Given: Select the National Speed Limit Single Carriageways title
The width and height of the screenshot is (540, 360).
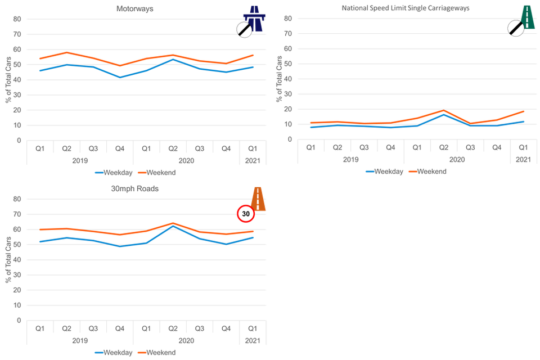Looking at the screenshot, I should [x=406, y=8].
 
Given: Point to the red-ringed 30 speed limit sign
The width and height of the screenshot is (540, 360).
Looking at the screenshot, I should [x=246, y=214].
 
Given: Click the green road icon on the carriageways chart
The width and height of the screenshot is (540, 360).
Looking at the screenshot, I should [x=528, y=17].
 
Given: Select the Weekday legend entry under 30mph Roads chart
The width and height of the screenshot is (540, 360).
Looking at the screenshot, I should [x=114, y=353].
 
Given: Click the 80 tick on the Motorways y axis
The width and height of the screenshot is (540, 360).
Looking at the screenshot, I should [x=17, y=19].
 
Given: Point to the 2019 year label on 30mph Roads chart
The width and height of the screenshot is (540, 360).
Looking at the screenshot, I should [x=80, y=340].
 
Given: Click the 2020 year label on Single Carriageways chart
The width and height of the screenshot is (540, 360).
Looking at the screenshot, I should [x=457, y=159].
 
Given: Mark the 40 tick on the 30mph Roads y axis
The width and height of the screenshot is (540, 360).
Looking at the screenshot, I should [x=17, y=260].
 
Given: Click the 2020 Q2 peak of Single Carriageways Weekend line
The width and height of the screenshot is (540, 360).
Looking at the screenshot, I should [x=443, y=110].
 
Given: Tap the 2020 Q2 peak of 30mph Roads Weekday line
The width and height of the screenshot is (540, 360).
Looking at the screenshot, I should [x=173, y=226].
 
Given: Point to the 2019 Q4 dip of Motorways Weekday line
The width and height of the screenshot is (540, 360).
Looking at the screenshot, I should [x=120, y=77].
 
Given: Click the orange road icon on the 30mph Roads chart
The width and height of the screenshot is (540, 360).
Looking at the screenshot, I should [x=258, y=199].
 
